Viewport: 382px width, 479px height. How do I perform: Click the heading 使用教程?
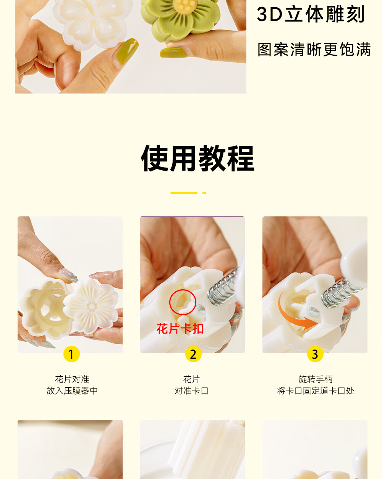pos(197,158)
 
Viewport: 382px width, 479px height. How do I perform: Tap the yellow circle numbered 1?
pos(71,354)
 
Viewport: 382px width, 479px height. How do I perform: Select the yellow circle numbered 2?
pos(193,354)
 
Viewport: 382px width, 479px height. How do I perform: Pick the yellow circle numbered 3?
pos(315,354)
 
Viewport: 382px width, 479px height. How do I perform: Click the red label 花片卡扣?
pos(180,329)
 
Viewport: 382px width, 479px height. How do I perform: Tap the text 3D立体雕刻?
pos(311,15)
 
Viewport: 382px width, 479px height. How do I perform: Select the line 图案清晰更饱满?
pos(314,49)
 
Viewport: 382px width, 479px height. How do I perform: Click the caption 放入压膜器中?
pos(72,390)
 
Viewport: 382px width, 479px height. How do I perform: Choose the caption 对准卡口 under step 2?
pos(191,390)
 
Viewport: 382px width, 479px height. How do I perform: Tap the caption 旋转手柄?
pos(316,379)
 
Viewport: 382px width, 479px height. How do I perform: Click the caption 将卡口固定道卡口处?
pos(316,390)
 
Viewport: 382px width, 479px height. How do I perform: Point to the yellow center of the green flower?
pos(185,6)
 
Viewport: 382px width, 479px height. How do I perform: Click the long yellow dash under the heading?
pos(184,193)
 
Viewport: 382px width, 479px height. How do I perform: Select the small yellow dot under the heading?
pos(204,193)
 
